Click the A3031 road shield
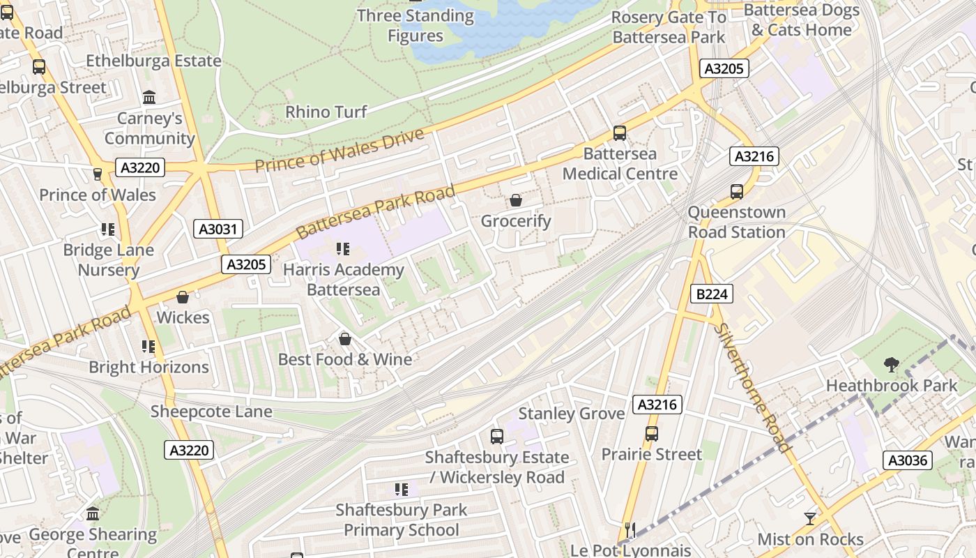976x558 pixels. point(218,229)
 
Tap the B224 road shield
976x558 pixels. point(712,294)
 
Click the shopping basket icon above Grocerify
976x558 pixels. point(516,201)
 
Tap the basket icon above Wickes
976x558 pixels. point(183,298)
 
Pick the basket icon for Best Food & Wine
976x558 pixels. point(344,340)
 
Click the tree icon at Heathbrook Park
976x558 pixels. point(891,364)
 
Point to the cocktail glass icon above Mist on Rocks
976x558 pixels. point(809,518)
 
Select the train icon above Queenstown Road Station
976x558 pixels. point(737,192)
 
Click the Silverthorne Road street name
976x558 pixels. point(754,387)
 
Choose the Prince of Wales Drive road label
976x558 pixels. point(340,151)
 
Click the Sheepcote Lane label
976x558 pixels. point(211,412)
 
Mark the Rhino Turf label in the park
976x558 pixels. point(326,112)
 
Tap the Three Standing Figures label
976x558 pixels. point(415,26)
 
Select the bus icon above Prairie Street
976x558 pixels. point(651,434)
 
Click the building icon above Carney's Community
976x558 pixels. point(149,98)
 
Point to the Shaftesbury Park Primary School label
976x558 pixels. point(401,520)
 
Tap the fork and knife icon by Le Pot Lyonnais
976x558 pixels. point(630,530)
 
